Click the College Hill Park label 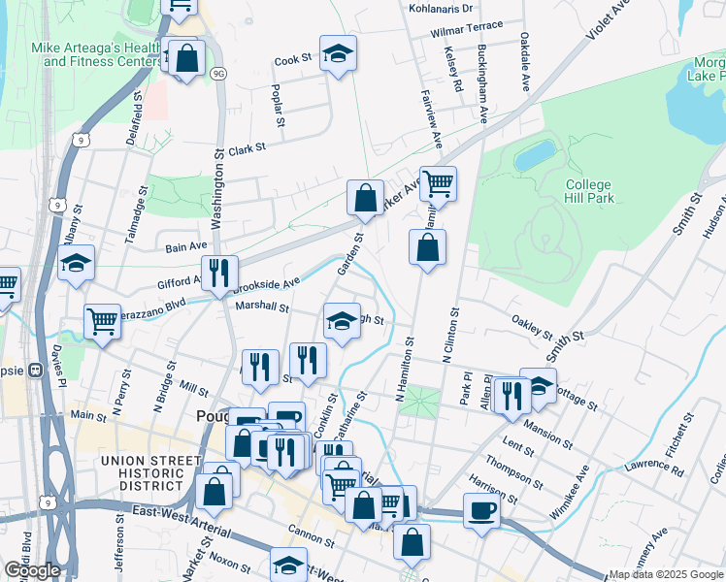coord(588,191)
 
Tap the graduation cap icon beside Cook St coord(338,54)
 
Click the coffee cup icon coord(481,510)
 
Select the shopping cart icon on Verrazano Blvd coord(102,321)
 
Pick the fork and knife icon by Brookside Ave coord(218,274)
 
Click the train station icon coord(36,370)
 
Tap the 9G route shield coord(219,73)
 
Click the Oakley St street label coord(532,320)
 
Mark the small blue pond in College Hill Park coord(535,155)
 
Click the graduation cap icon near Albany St coord(75,263)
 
